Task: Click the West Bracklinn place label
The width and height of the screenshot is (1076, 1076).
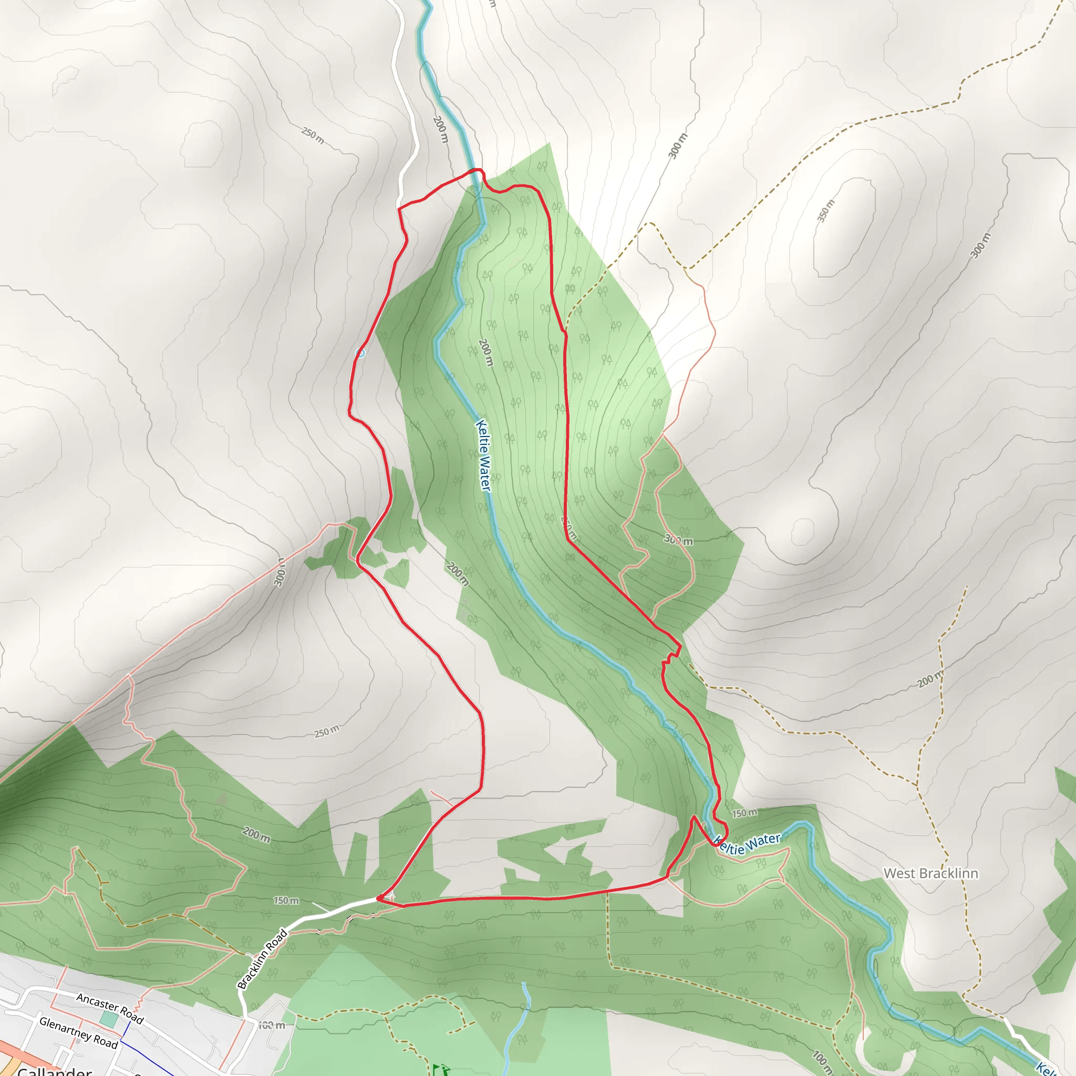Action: pos(930,873)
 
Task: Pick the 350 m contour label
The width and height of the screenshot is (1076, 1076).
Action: pos(826,211)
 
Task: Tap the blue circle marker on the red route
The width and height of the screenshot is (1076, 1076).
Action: pos(360,353)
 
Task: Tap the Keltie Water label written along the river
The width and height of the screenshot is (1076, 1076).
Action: pos(483,455)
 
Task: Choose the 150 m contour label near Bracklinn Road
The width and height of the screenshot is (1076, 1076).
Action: pos(286,901)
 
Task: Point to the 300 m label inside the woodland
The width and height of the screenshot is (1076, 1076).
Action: pos(678,540)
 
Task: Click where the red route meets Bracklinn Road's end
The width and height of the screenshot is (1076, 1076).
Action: pos(379,898)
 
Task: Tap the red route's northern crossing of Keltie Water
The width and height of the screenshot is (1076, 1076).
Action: pos(475,170)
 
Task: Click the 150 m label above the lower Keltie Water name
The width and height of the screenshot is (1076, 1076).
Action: pos(744,813)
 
